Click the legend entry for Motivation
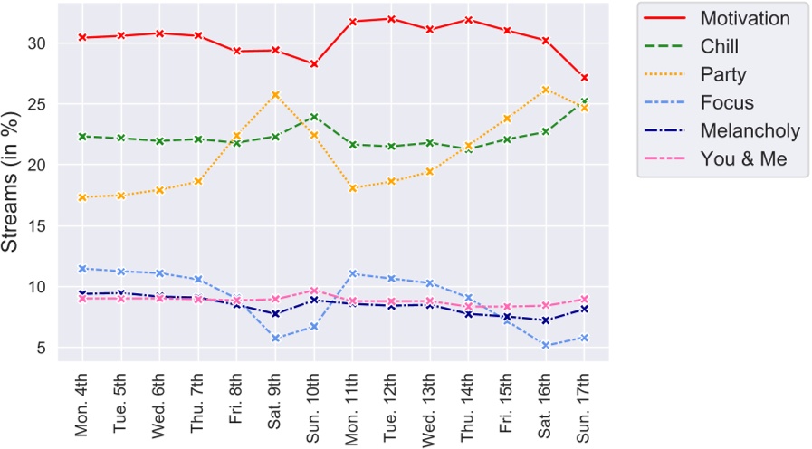coord(744,18)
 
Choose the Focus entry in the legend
coord(726,102)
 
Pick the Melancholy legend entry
coord(750,130)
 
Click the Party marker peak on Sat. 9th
coord(275,95)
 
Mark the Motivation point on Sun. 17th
coord(585,78)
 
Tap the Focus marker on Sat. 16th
coord(546,345)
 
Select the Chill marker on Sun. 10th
coord(314,117)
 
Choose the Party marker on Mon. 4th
coord(82,197)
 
